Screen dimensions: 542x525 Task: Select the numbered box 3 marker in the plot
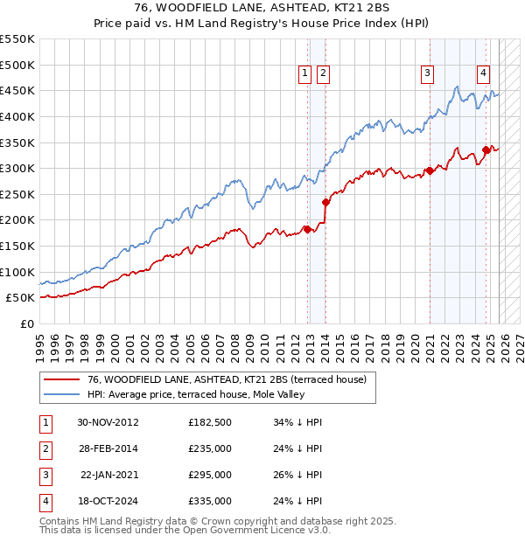(x=428, y=74)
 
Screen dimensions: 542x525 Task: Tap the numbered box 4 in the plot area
(x=483, y=74)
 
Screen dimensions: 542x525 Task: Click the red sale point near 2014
(x=325, y=202)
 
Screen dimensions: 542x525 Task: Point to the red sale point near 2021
(x=430, y=171)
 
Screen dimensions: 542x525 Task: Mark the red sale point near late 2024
(x=486, y=150)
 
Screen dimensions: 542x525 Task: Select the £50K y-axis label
(x=21, y=297)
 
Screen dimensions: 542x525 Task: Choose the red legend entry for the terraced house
(x=232, y=379)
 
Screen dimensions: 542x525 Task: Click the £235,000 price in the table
(x=210, y=448)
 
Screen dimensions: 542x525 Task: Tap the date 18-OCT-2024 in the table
(x=108, y=501)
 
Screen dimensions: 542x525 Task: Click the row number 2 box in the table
(x=45, y=448)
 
